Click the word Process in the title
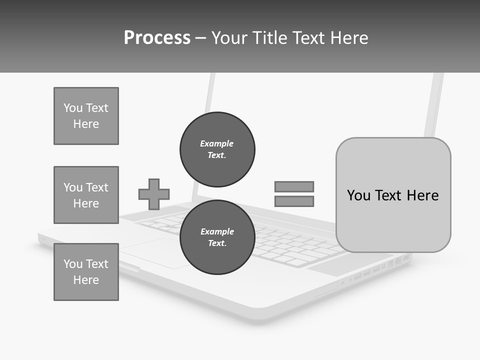(157, 38)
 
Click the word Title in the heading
(263, 38)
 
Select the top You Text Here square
(86, 116)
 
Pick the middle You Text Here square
(86, 195)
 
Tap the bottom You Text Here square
(86, 272)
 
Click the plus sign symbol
(154, 194)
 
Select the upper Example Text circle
(217, 149)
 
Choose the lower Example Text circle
(217, 237)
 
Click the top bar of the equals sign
(294, 186)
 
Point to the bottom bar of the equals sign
(294, 201)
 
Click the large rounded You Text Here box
(393, 195)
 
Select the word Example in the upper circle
(217, 143)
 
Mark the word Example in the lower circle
(217, 231)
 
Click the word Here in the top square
(86, 124)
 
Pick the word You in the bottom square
(73, 264)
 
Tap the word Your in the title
(228, 38)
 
